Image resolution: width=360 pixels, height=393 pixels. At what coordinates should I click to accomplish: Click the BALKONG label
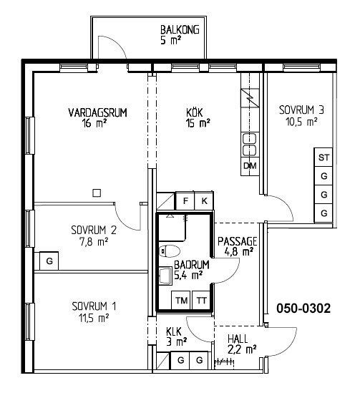tap(180, 30)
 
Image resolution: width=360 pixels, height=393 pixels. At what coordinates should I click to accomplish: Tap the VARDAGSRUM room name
tap(98, 112)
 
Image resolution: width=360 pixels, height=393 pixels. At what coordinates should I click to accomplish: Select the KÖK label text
tap(195, 112)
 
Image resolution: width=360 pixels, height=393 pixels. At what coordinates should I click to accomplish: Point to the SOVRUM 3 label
tap(301, 110)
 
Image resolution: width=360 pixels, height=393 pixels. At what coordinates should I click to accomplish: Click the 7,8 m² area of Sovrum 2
tap(94, 243)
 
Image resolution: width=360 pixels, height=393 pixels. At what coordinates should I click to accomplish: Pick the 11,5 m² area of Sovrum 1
tap(94, 319)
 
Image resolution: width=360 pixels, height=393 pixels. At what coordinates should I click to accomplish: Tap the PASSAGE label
tap(237, 241)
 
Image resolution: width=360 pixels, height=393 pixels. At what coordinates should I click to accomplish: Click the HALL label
tap(238, 339)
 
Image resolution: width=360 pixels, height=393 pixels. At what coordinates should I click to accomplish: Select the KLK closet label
tap(174, 331)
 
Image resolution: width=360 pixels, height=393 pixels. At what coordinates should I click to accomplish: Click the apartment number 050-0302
tap(303, 309)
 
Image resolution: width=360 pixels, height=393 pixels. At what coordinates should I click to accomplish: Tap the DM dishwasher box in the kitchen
tap(250, 166)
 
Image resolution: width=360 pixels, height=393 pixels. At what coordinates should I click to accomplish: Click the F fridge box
tap(185, 200)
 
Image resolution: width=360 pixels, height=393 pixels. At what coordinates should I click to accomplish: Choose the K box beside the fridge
tap(204, 200)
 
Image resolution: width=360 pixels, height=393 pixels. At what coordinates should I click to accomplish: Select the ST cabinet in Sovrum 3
tap(323, 157)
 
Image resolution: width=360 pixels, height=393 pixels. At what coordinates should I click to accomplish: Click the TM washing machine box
tap(181, 300)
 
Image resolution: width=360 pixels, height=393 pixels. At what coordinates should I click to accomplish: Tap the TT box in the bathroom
tap(201, 300)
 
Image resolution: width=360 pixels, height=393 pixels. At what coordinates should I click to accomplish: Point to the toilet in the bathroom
tap(170, 251)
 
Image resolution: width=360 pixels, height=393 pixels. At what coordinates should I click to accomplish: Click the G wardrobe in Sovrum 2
tap(49, 261)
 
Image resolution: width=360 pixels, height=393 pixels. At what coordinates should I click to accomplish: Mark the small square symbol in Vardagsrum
tap(97, 193)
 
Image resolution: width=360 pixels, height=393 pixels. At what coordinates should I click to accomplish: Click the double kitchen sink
tap(250, 144)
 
